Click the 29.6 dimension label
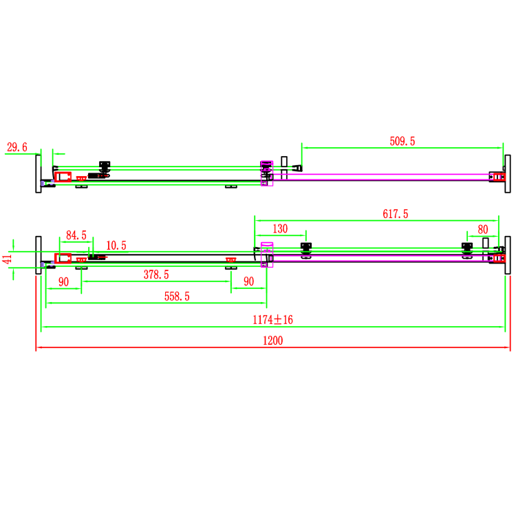(17, 147)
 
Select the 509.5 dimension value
(402, 141)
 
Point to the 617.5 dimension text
(396, 214)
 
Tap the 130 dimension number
(280, 228)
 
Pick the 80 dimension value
(482, 228)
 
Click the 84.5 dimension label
(76, 235)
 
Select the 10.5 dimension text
(116, 246)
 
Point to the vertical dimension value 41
(8, 259)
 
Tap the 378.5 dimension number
(156, 274)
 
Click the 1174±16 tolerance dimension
(274, 319)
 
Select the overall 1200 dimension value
(272, 340)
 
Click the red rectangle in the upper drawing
(63, 176)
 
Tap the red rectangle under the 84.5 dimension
(63, 258)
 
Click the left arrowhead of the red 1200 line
(39, 348)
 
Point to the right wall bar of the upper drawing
(507, 175)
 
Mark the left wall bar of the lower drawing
(39, 255)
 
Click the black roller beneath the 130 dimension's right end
(306, 249)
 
